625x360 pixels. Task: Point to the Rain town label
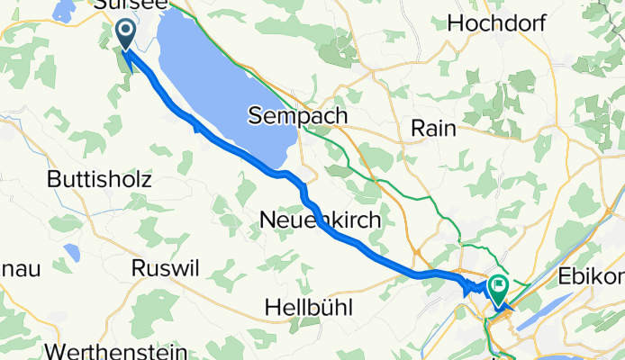click(x=433, y=129)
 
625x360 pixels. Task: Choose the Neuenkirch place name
click(x=319, y=219)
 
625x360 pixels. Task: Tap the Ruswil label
click(x=163, y=267)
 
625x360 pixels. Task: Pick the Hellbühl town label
click(x=308, y=308)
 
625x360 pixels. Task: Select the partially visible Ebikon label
click(x=604, y=275)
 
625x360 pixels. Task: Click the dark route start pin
click(x=125, y=34)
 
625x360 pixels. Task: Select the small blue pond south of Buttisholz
click(x=72, y=253)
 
